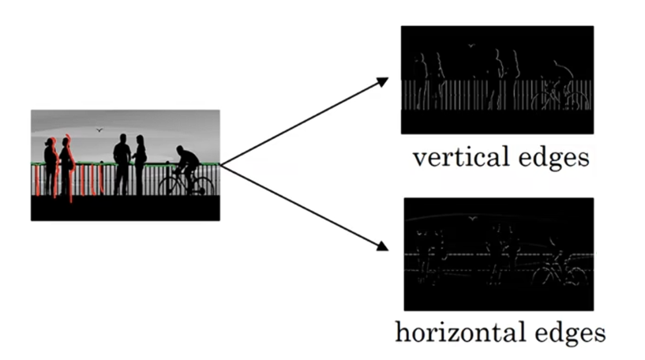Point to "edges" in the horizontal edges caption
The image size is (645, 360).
tap(565, 332)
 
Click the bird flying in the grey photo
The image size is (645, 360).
tap(99, 130)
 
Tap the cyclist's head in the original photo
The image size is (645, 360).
tap(182, 148)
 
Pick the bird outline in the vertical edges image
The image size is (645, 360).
tap(471, 46)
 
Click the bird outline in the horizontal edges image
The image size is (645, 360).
tap(472, 217)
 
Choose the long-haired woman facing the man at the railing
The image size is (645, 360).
tap(140, 162)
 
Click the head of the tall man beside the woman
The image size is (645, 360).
tap(122, 139)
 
